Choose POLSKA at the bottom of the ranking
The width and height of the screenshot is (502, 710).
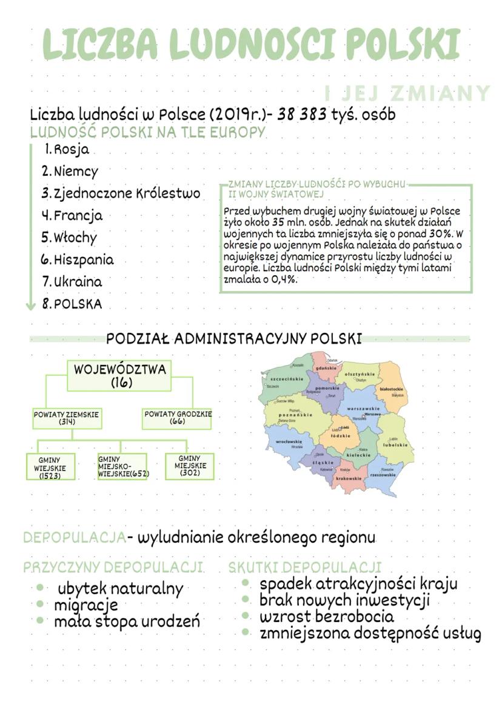(78, 304)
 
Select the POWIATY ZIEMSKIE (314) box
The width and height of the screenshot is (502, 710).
(67, 418)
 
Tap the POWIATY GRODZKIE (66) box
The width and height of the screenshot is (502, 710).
(178, 418)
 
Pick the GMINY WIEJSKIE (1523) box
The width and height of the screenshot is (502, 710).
(51, 467)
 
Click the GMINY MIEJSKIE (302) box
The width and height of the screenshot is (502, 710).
(190, 466)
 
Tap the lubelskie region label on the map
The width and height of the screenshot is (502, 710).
(394, 444)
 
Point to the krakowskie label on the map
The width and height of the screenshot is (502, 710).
(349, 478)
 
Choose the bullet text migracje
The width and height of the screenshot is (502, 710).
(86, 605)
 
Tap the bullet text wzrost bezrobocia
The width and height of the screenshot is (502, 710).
(327, 617)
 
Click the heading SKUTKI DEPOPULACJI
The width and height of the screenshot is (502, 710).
(305, 568)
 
